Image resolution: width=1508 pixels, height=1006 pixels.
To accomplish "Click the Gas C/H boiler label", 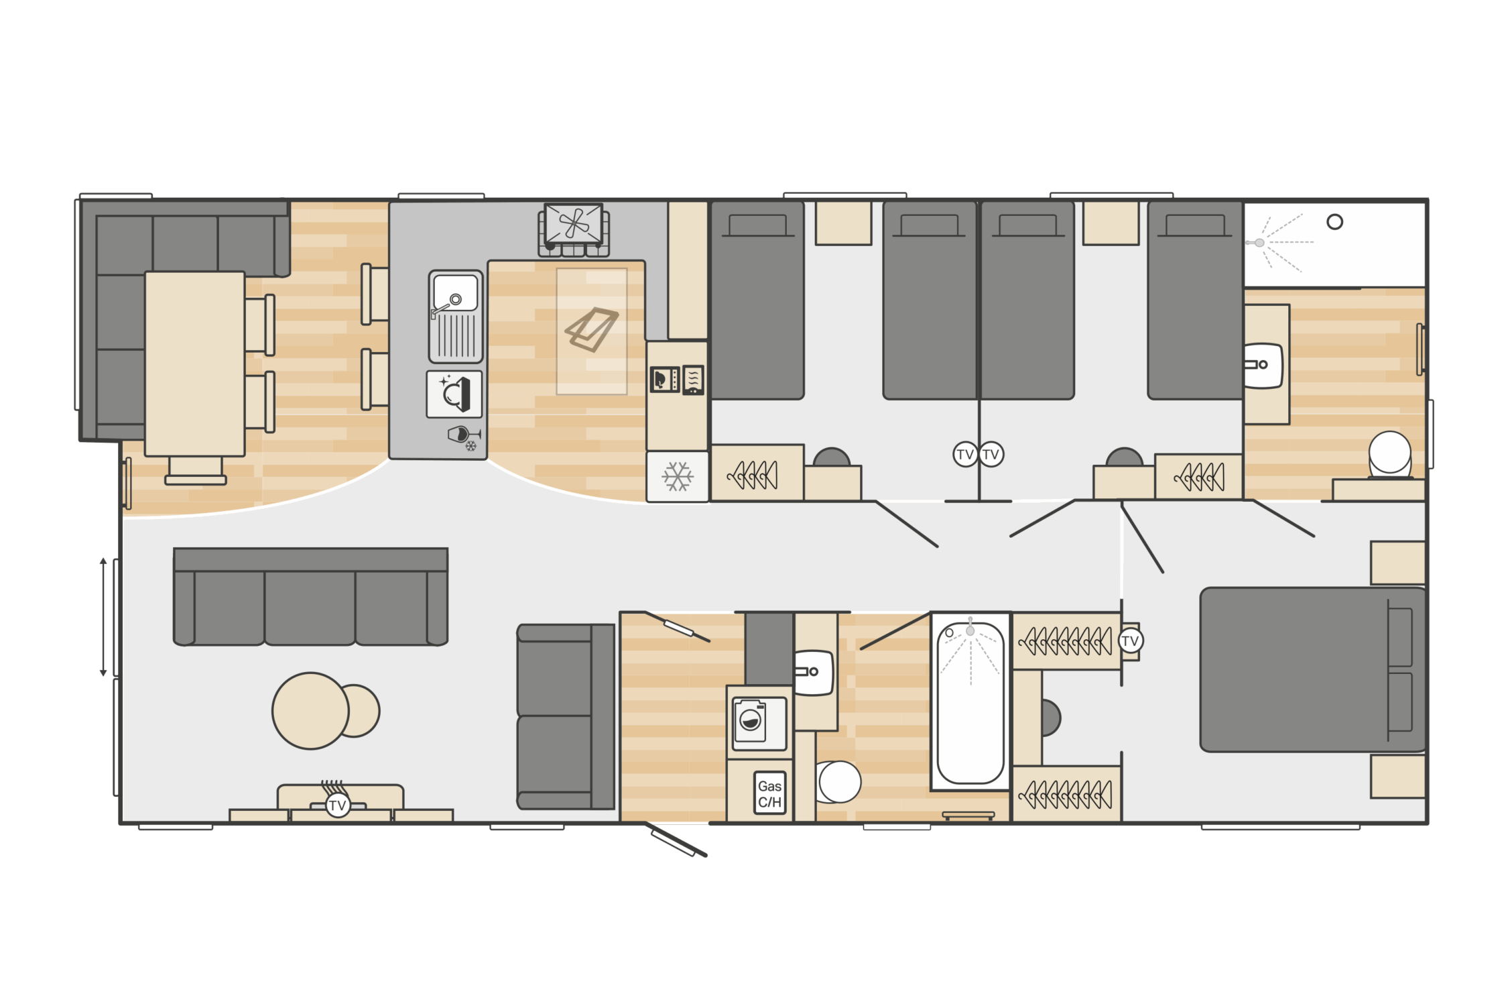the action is (769, 793).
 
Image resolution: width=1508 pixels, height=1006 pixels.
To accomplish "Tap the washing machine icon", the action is (759, 724).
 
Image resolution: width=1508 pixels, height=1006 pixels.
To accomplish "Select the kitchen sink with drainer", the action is (456, 317).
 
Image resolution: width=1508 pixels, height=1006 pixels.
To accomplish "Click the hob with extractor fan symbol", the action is (574, 230).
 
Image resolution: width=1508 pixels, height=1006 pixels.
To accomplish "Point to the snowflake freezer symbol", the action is (678, 477).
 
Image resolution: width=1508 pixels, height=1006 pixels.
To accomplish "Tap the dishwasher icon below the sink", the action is (454, 394).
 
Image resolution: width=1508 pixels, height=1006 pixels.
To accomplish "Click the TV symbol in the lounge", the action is (337, 805).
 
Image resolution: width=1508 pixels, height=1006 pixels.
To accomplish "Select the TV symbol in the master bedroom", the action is (1130, 641).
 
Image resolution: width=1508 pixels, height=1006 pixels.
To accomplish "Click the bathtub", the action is (970, 702).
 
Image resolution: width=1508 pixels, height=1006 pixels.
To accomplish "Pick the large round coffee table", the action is (310, 711).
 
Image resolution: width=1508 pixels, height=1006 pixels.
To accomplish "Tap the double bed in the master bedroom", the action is (1312, 670).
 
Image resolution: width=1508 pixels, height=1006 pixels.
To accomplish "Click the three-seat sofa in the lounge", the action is (310, 597).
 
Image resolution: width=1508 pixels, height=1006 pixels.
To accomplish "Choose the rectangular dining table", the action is (195, 364).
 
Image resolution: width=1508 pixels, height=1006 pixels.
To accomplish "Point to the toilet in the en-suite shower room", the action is (1390, 454).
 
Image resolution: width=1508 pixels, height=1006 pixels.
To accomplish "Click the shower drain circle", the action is (1334, 222).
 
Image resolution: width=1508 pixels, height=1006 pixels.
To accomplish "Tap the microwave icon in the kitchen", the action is (665, 380).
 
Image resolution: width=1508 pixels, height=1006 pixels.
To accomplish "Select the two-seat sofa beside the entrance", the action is (566, 717).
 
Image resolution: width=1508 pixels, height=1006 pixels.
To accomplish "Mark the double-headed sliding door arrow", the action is (103, 617).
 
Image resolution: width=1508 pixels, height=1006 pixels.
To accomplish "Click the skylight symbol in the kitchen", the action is (591, 329).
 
